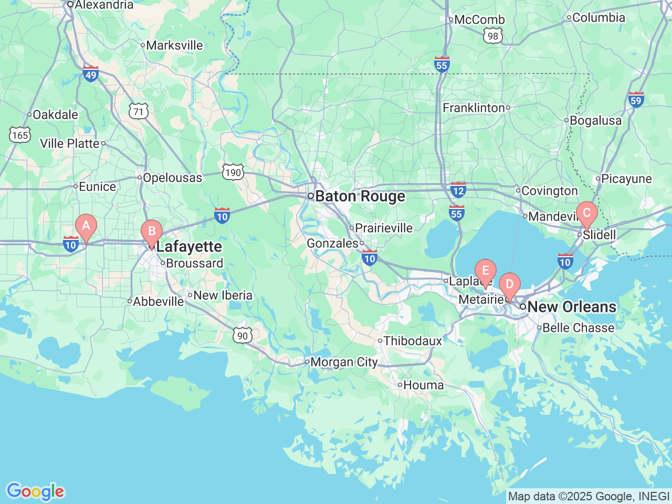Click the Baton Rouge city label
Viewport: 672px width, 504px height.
pos(360,196)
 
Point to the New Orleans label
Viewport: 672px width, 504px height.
pos(571,307)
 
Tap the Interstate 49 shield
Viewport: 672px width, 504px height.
pos(91,74)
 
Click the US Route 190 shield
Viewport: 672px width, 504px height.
pos(233,172)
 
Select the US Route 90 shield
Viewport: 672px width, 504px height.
pos(242,335)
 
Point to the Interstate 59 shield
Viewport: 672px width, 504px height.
pos(636,99)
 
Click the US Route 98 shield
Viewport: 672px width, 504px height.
pos(492,36)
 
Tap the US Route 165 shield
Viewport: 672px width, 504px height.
pos(19,135)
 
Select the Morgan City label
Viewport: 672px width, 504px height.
pos(344,362)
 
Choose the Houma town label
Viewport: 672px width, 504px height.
pos(423,385)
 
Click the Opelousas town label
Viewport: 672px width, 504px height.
pos(172,178)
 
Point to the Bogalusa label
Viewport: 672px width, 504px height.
pos(595,121)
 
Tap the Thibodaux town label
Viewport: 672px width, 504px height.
pos(413,341)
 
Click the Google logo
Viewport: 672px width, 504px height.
pos(35,491)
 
